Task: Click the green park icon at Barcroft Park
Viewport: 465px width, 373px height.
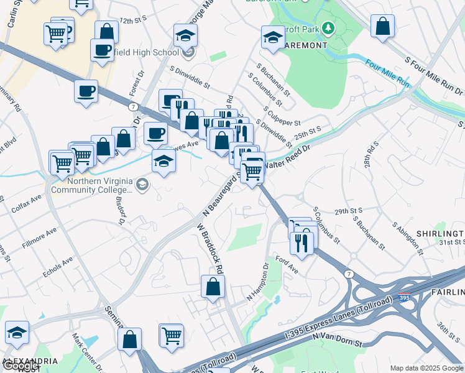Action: [327, 29]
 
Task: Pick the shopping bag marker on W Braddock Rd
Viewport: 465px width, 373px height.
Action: [213, 287]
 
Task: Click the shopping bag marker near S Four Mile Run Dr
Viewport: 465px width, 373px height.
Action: [383, 26]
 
